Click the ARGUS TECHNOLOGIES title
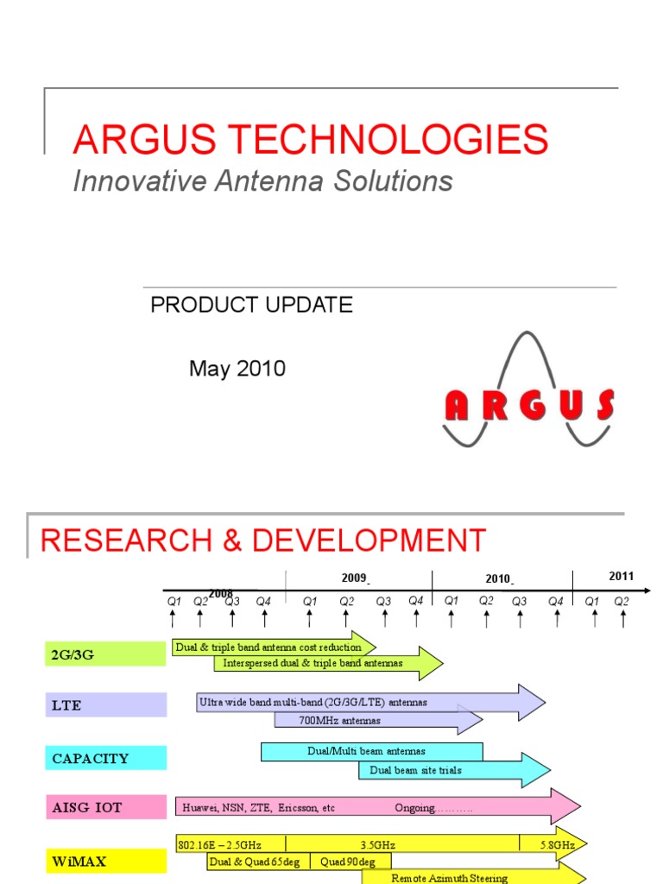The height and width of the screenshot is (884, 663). coord(311,139)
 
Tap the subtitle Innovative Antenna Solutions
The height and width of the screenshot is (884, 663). coord(262,181)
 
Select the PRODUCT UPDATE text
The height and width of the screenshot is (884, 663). coord(251,305)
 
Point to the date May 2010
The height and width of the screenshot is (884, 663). coord(237,369)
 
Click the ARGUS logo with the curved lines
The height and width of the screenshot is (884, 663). coord(528,393)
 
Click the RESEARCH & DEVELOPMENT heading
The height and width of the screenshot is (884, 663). coord(263,540)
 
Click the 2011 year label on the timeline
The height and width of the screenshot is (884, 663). coord(621,577)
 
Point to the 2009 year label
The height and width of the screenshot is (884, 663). coord(354,578)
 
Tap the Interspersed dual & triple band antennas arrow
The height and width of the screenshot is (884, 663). coord(313,663)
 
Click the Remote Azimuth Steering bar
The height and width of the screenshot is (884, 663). coord(449,876)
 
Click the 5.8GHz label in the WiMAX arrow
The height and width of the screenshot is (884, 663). coord(557,845)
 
